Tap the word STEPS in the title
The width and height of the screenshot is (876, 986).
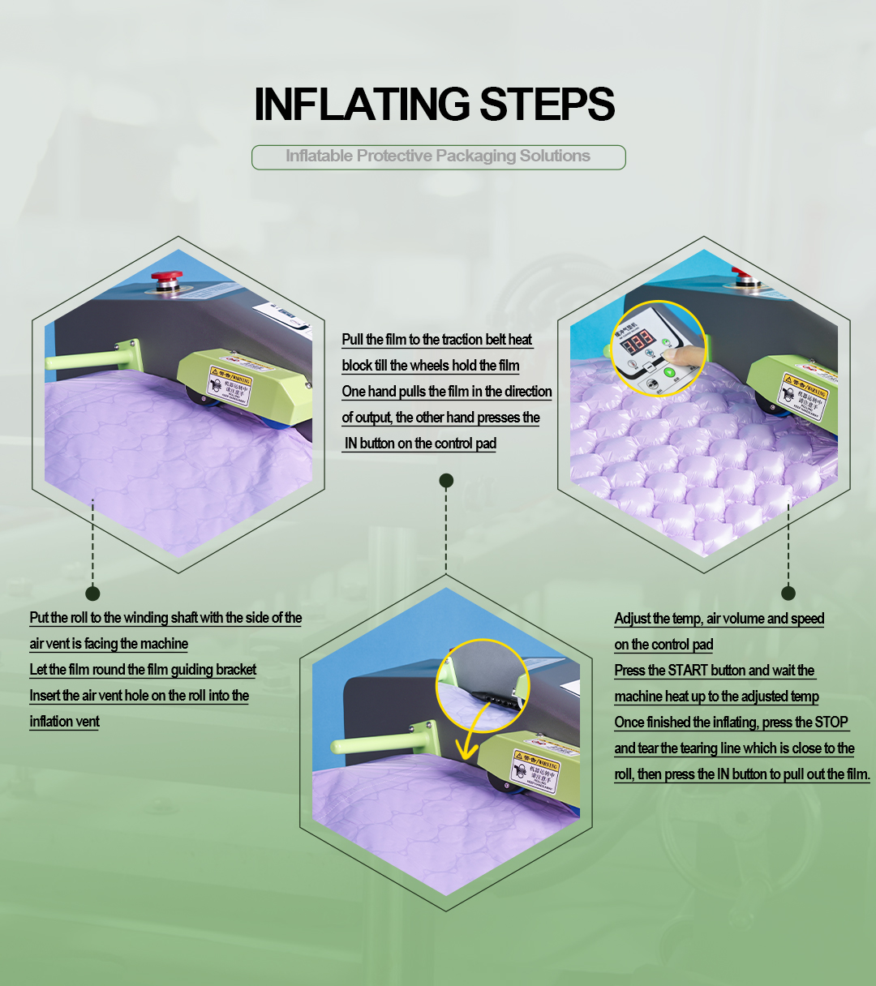(x=547, y=105)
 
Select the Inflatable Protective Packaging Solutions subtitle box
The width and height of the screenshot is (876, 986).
(x=438, y=156)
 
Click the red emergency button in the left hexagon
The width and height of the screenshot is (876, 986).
(x=165, y=277)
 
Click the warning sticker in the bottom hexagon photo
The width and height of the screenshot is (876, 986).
(x=535, y=770)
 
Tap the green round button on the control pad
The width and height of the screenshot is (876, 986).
(x=670, y=373)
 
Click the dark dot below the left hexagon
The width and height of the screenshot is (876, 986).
(x=92, y=593)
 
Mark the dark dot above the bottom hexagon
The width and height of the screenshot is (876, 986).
(x=445, y=481)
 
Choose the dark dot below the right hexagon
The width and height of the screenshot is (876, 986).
(x=788, y=593)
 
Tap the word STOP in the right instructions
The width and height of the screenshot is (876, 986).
(x=831, y=722)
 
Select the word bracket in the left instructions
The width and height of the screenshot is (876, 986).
(x=235, y=670)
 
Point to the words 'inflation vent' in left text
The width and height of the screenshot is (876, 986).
(x=65, y=722)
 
